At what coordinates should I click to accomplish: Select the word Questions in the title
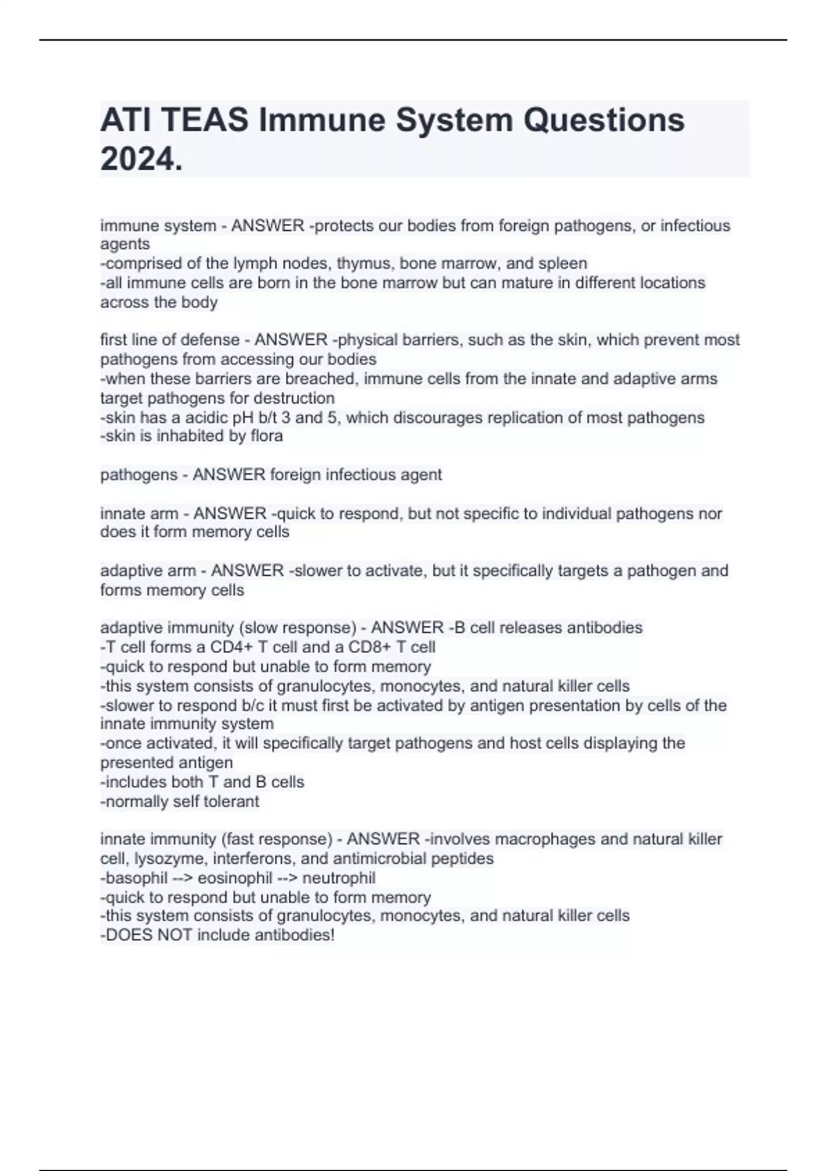[604, 120]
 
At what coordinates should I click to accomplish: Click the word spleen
[564, 263]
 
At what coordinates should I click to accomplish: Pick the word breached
[319, 379]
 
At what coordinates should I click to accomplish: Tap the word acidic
[207, 417]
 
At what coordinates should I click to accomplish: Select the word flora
[267, 436]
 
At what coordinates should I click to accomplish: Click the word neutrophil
[339, 878]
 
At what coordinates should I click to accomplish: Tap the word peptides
[462, 859]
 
